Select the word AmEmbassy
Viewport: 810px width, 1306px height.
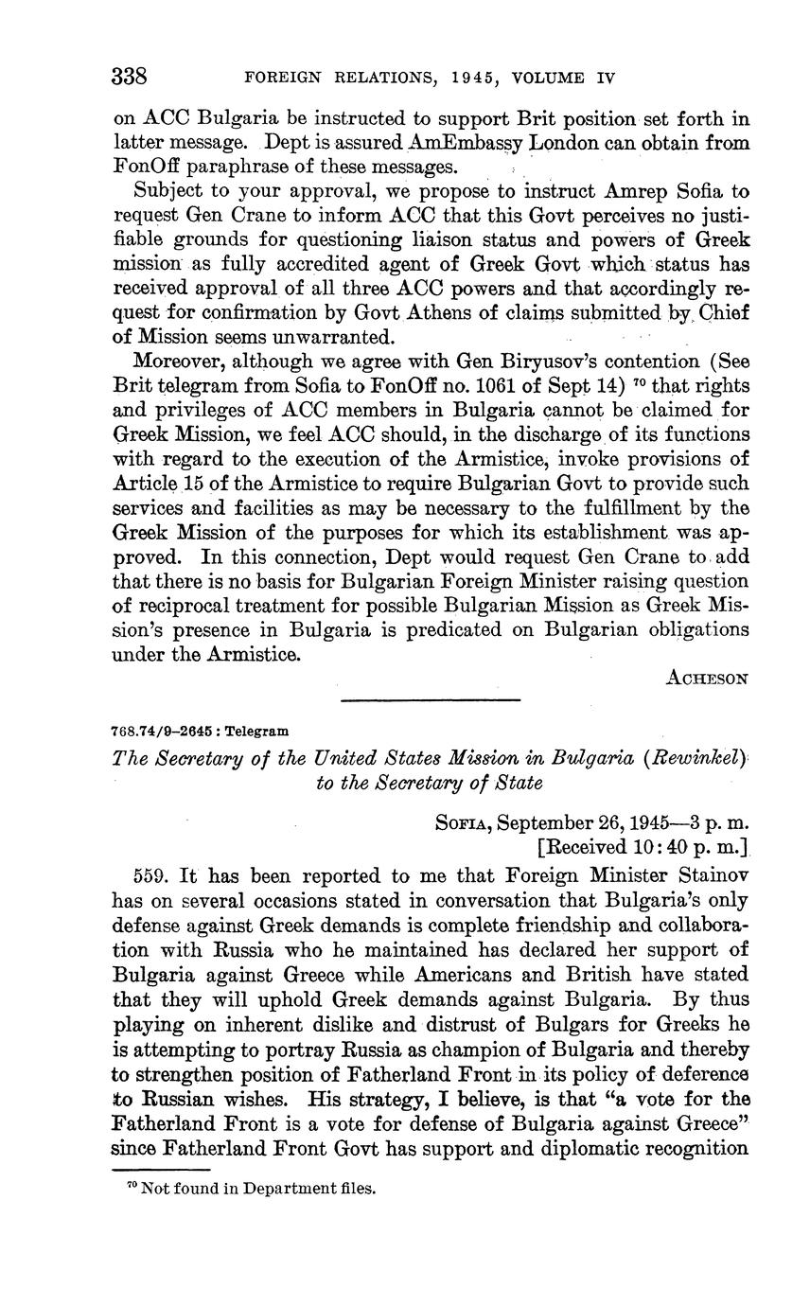point(456,144)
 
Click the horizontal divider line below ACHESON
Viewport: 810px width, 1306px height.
point(430,700)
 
